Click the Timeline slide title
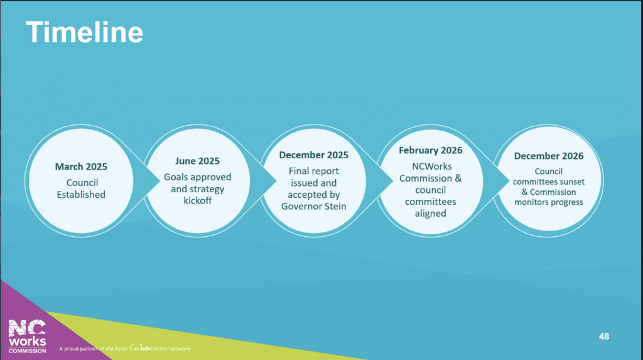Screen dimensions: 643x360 85,32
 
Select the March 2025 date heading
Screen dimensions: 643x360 81,166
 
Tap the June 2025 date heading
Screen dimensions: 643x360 197,161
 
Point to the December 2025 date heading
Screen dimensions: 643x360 314,155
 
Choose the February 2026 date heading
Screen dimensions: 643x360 431,151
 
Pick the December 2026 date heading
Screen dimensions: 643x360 549,156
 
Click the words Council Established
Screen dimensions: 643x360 81,188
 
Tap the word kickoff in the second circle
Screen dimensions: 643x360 198,200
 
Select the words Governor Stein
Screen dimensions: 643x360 314,207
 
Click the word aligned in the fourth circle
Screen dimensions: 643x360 431,214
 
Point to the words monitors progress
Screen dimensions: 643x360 549,202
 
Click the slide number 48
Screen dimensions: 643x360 604,337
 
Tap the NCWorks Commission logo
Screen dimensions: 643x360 28,336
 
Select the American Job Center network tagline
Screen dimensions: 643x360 124,348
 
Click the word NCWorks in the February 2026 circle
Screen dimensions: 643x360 432,166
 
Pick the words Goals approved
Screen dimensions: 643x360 198,177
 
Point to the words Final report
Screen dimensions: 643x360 314,171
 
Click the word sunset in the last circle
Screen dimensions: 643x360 572,182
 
